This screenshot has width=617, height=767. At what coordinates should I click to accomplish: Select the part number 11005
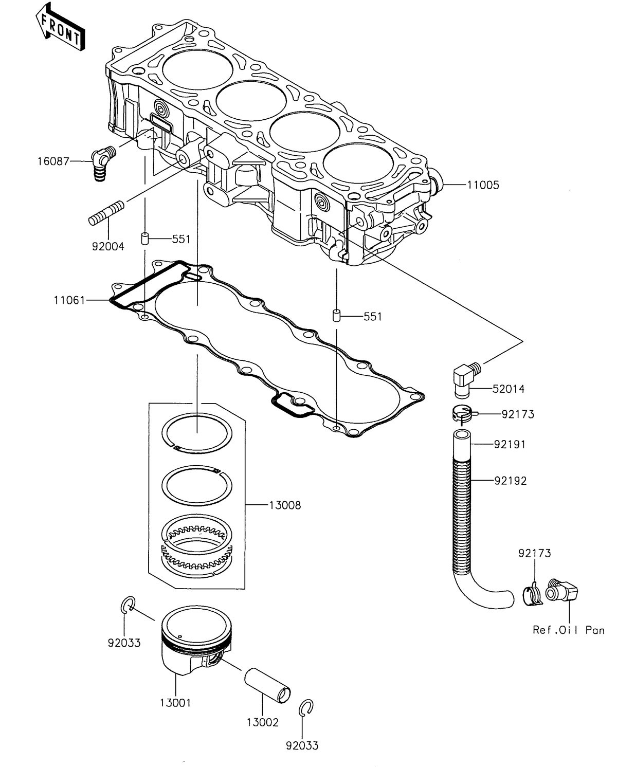coord(483,185)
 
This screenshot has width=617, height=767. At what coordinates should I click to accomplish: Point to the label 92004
coord(108,246)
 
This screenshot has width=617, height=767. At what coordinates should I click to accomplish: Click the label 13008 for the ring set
coord(285,505)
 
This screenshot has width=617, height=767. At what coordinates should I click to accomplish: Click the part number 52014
coord(509,389)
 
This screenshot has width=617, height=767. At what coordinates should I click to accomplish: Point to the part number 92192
coord(511,481)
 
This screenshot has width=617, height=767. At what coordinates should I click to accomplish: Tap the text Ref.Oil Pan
coord(568,630)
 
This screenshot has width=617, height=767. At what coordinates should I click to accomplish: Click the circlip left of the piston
coord(128,605)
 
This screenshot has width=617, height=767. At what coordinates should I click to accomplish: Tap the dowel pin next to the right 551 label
coord(336,315)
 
